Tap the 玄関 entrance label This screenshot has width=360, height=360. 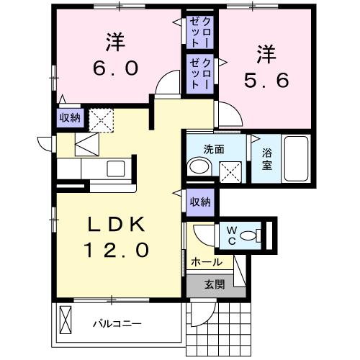[214, 284]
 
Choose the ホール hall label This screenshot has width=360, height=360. [206, 263]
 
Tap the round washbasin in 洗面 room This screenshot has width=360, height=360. [197, 168]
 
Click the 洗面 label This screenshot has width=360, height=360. [213, 150]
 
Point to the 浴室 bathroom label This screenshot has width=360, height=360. [266, 158]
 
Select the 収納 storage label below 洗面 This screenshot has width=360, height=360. [199, 202]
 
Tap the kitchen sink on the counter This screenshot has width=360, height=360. [115, 169]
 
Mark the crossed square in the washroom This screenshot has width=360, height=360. [230, 171]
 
